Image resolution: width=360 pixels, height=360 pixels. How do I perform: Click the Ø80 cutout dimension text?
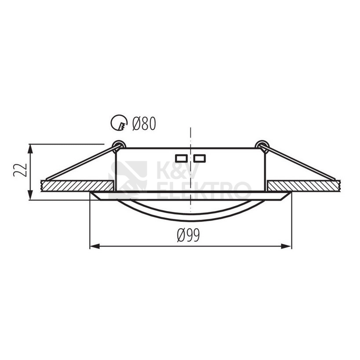coord(144,124)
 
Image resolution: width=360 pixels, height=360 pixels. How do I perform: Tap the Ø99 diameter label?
coord(189,235)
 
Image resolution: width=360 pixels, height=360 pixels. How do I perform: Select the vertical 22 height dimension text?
coord(20,170)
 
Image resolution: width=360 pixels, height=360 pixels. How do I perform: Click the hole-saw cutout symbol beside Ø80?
coord(119,123)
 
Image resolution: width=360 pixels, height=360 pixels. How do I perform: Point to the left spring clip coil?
coord(119,145)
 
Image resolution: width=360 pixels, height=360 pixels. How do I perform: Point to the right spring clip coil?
coord(262,145)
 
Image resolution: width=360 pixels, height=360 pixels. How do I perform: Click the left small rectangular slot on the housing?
coord(182,158)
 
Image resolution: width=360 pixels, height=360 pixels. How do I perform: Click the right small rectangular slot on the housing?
coord(199,158)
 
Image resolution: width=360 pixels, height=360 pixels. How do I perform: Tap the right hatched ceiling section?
coord(304,186)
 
